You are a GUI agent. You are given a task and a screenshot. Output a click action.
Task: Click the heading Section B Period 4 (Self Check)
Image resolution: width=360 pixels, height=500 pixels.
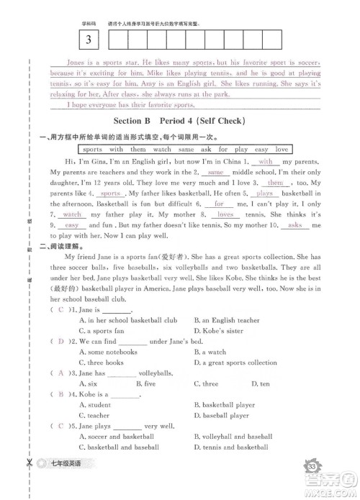coord(181,121)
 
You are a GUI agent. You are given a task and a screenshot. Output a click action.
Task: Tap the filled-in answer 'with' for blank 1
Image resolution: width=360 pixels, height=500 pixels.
coord(264,163)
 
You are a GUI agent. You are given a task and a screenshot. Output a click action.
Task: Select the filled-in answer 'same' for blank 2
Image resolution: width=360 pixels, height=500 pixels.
coord(213,173)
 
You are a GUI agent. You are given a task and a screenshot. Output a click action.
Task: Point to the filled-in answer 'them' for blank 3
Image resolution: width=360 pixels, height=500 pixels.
coord(275,183)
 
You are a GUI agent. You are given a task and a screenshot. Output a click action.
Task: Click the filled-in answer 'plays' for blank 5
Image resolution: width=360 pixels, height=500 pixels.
coord(264,194)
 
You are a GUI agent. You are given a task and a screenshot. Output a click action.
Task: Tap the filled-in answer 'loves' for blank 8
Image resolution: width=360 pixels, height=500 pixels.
coord(225,215)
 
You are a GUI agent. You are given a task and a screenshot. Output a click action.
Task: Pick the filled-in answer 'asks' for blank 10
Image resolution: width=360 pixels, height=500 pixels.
coord(294,225)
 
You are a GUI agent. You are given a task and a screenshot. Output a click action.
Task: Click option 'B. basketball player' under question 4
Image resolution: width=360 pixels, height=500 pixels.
coord(224,405)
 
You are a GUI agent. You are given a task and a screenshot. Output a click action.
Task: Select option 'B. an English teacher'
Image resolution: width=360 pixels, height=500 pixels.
coord(227,320)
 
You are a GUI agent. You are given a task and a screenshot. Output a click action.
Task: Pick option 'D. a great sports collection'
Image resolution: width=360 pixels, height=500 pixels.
coord(235,363)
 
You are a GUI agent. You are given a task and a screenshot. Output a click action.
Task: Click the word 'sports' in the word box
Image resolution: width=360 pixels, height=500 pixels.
coord(92,150)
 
